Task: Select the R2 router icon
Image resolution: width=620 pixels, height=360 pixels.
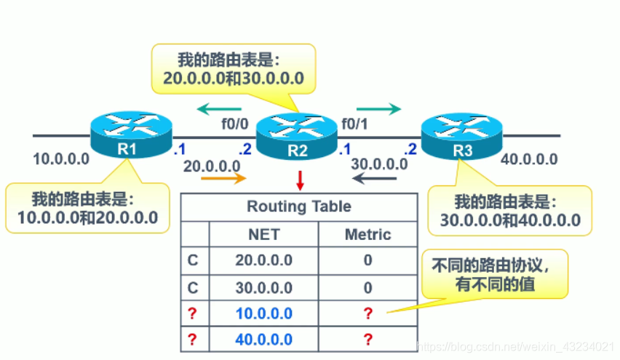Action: click(297, 135)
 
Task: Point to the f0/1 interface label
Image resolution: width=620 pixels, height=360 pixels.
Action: click(354, 124)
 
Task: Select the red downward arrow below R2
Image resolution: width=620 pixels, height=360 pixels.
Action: click(300, 179)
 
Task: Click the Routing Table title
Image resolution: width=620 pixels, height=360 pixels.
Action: click(298, 207)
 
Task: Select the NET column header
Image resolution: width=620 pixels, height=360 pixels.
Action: click(263, 234)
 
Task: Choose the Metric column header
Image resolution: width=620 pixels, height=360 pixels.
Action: click(367, 234)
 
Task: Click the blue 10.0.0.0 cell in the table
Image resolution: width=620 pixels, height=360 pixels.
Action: click(263, 313)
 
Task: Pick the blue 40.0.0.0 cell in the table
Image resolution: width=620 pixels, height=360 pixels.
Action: click(263, 340)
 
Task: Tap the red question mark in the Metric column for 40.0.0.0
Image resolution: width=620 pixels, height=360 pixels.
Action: click(367, 340)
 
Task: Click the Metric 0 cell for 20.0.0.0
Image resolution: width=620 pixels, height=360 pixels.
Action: click(367, 260)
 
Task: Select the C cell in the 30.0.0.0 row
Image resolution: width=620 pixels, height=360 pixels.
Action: click(194, 287)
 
